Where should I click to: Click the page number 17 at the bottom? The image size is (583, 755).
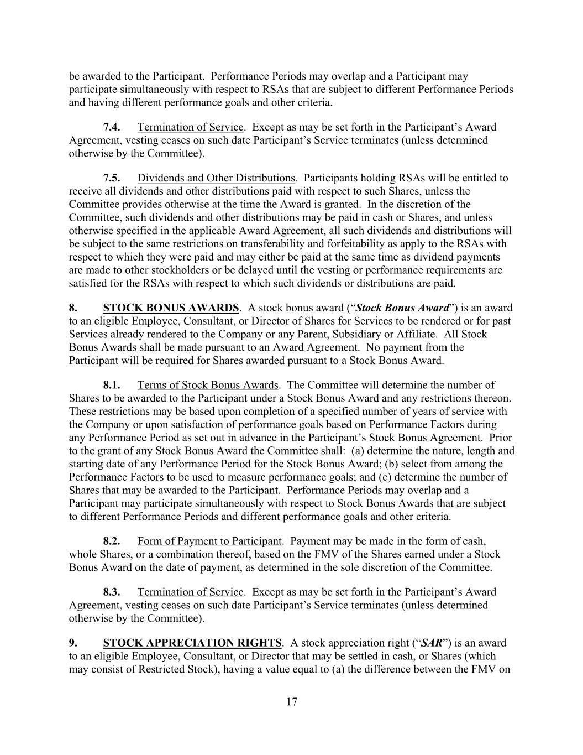pos(292,702)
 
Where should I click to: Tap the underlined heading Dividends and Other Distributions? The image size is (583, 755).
pos(216,178)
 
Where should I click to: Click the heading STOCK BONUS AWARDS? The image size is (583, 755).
pos(171,308)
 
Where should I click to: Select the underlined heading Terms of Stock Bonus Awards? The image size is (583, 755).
pos(208,385)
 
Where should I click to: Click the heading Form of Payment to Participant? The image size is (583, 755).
pos(209,541)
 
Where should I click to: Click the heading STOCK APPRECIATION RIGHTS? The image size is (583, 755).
pos(192,643)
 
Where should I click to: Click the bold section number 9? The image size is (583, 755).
pos(72,643)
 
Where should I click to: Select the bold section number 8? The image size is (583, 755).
pos(72,308)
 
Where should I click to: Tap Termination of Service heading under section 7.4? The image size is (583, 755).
pos(190,127)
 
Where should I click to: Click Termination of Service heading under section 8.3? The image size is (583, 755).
pos(190,592)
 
